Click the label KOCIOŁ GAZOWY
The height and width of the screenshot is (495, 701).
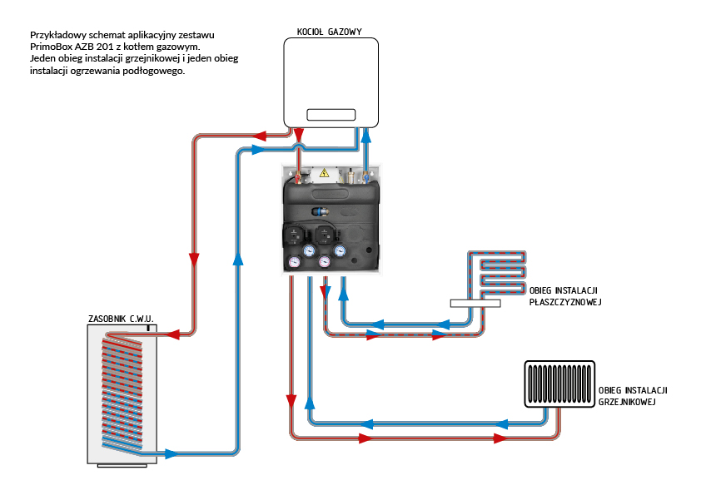click(x=329, y=32)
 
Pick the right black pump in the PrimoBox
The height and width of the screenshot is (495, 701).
click(x=326, y=234)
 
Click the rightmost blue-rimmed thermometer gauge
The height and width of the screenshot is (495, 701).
click(x=339, y=249)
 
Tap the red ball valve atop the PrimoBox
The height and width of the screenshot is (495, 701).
click(x=297, y=176)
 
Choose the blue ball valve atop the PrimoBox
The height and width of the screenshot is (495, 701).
click(x=365, y=176)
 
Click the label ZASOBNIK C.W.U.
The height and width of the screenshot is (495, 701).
click(x=122, y=318)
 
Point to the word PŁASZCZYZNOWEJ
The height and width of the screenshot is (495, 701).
click(x=565, y=302)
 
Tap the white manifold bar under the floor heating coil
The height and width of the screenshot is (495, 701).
click(x=475, y=304)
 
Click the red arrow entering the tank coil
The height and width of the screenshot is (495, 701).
click(x=175, y=334)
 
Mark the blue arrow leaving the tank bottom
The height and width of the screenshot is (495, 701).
click(x=172, y=453)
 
